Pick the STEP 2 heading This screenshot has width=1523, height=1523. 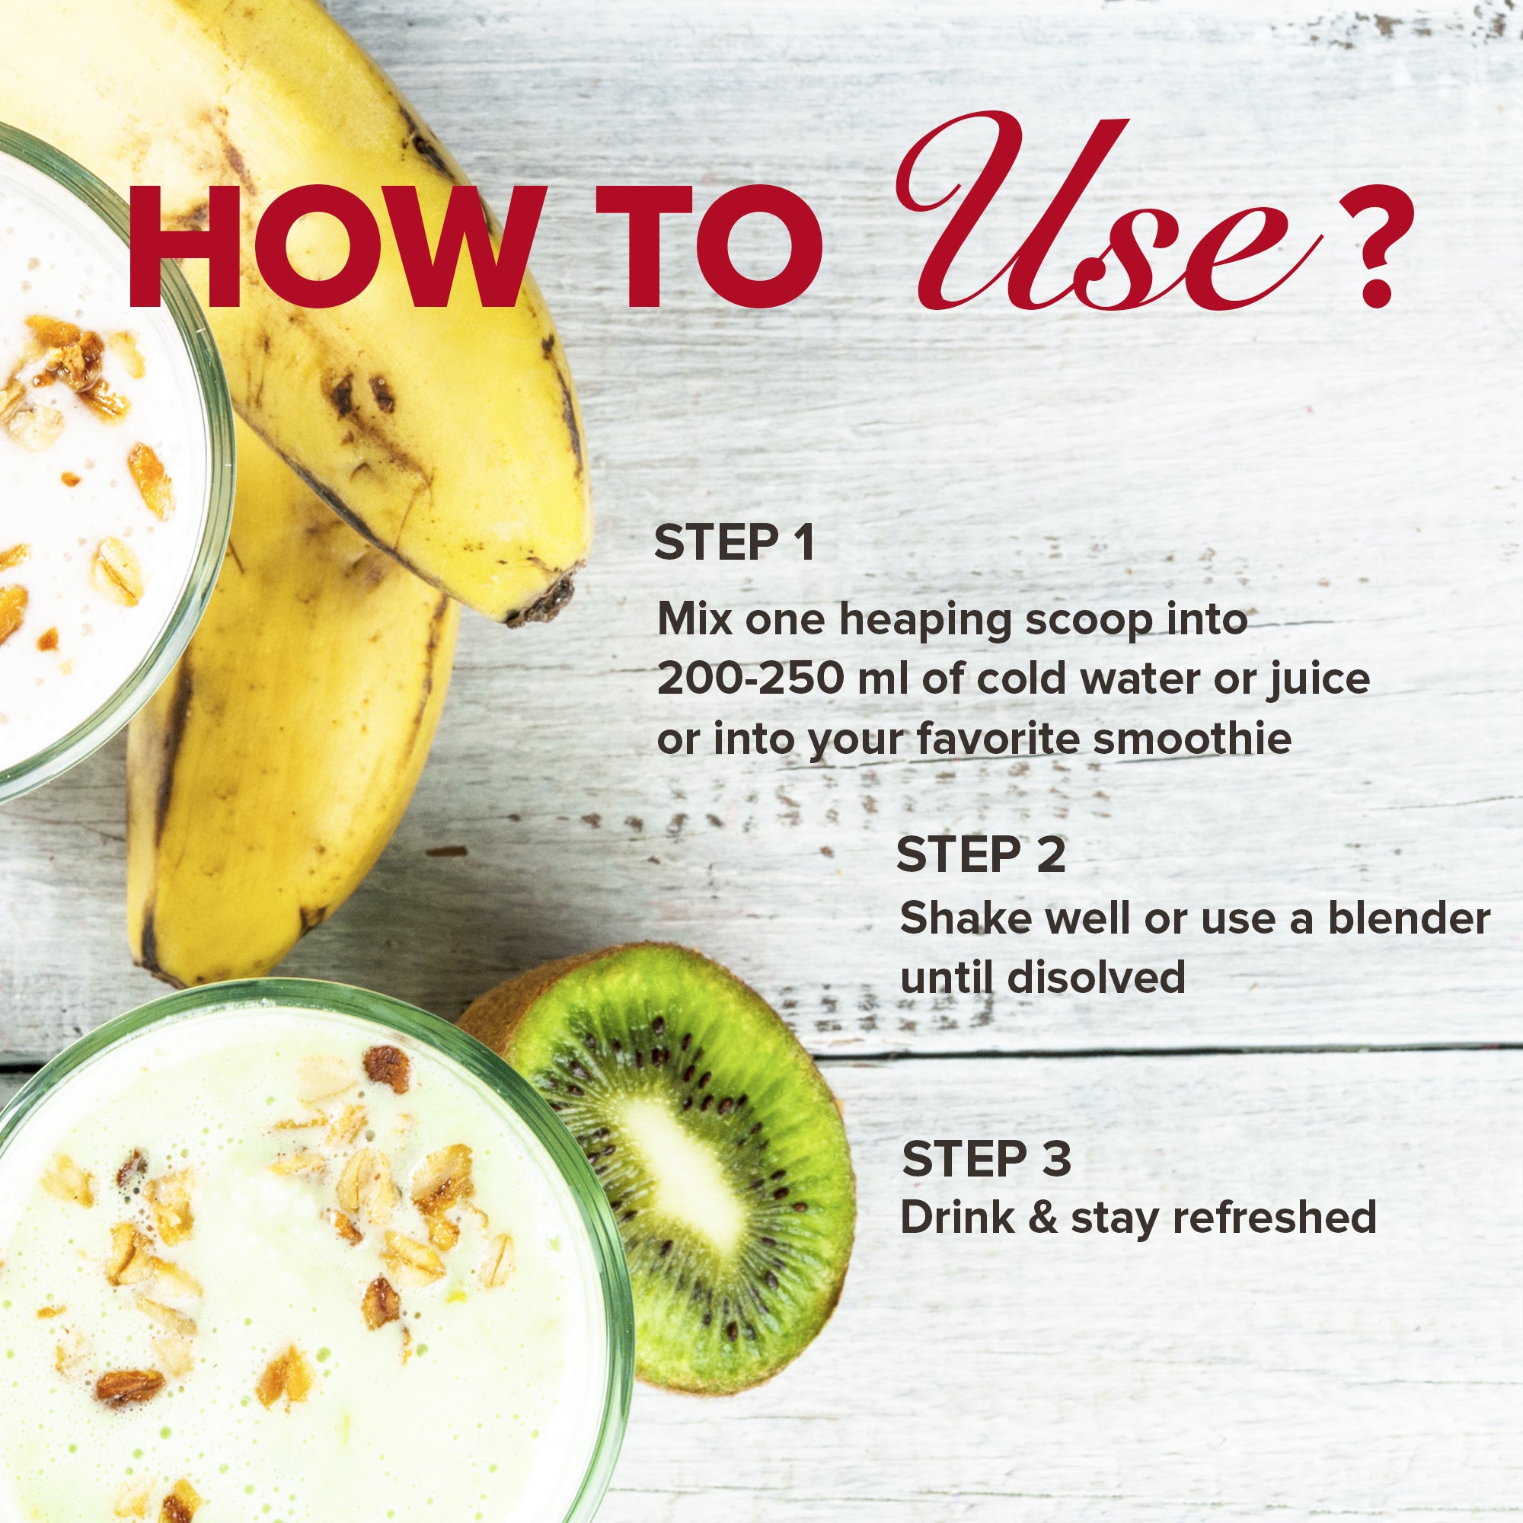click(x=980, y=854)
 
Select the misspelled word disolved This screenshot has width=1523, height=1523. click(x=1099, y=978)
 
